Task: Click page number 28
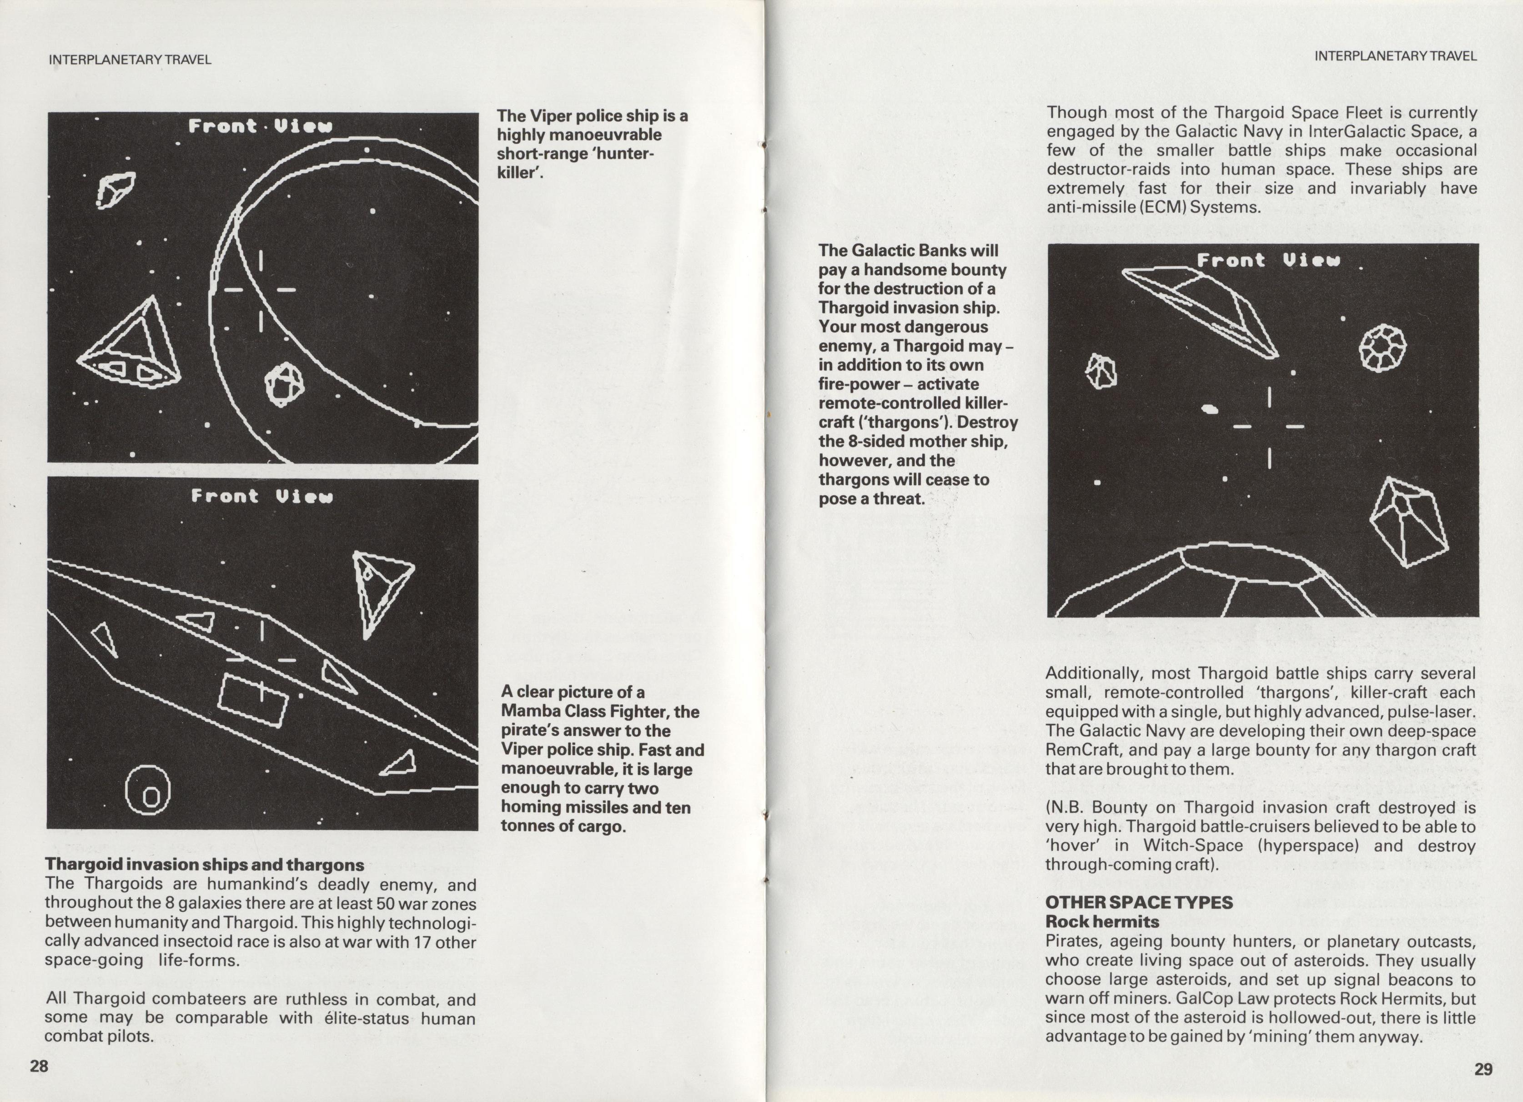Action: [x=39, y=1066]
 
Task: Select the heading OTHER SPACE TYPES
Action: [x=1138, y=902]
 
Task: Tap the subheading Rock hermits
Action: [x=1102, y=921]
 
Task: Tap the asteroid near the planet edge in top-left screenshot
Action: [x=284, y=384]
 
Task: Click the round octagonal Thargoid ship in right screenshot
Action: [x=1382, y=348]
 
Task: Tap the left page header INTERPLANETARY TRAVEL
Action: [x=130, y=60]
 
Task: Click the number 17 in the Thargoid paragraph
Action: [x=422, y=941]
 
